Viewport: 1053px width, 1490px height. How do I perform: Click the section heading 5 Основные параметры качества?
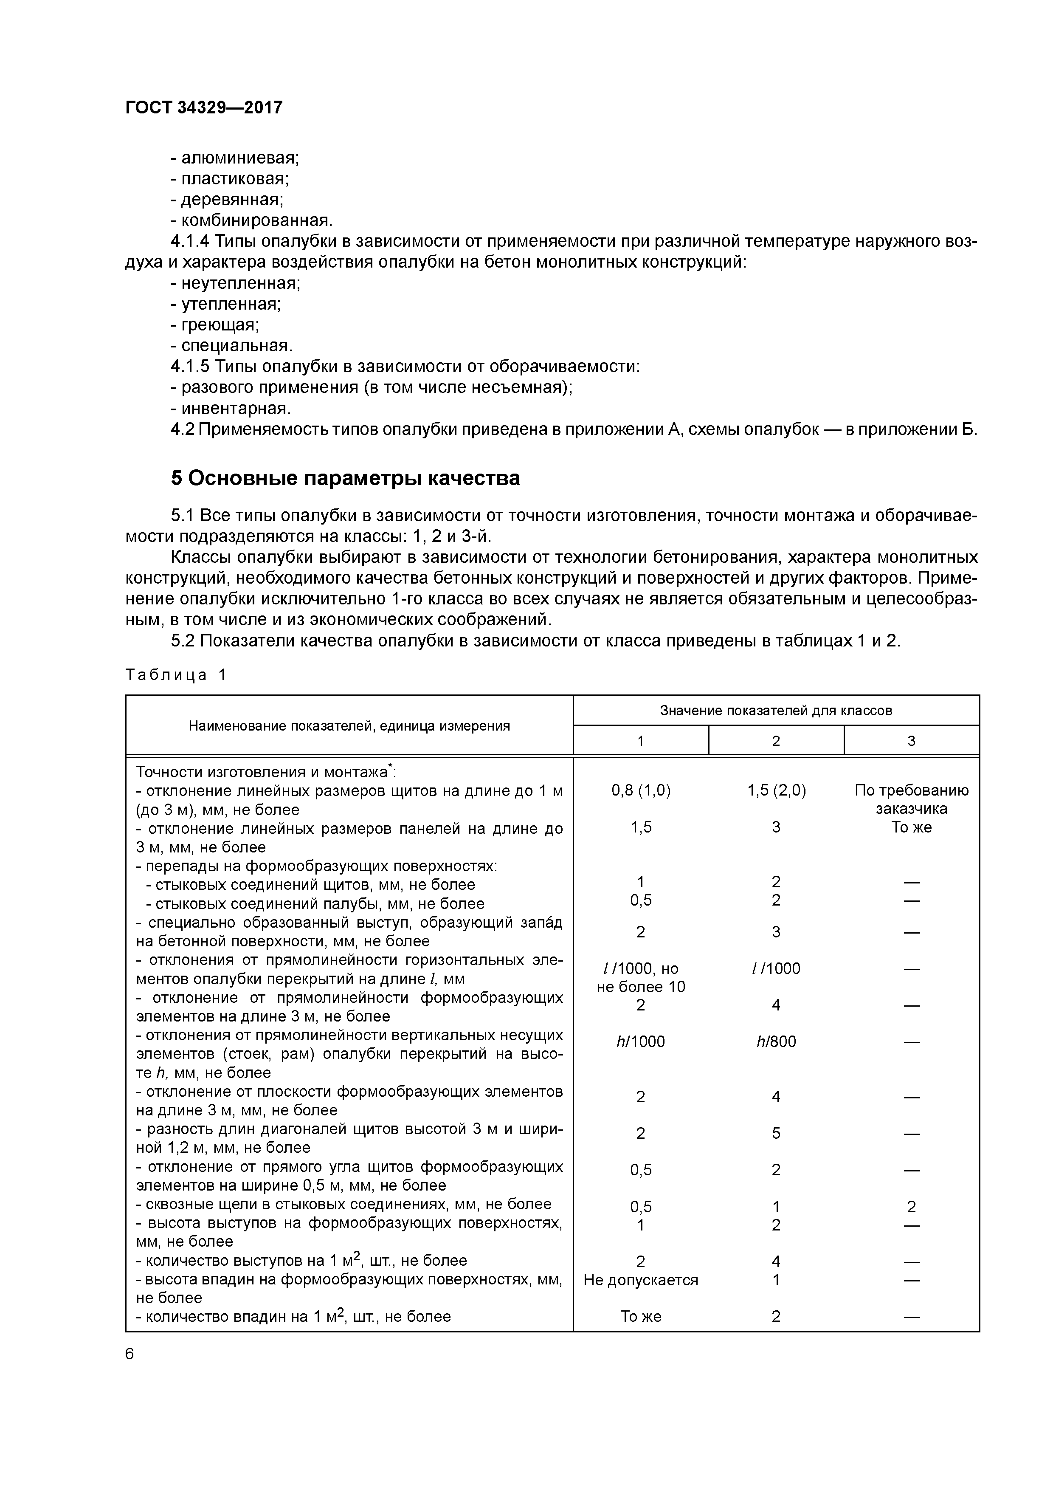coord(345,478)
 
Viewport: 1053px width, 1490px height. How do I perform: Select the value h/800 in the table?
coord(776,1041)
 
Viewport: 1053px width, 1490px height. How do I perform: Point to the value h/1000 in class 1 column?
coord(640,1041)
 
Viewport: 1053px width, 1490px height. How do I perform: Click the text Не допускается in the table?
coord(640,1280)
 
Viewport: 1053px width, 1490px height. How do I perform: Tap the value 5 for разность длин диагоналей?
coord(776,1133)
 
